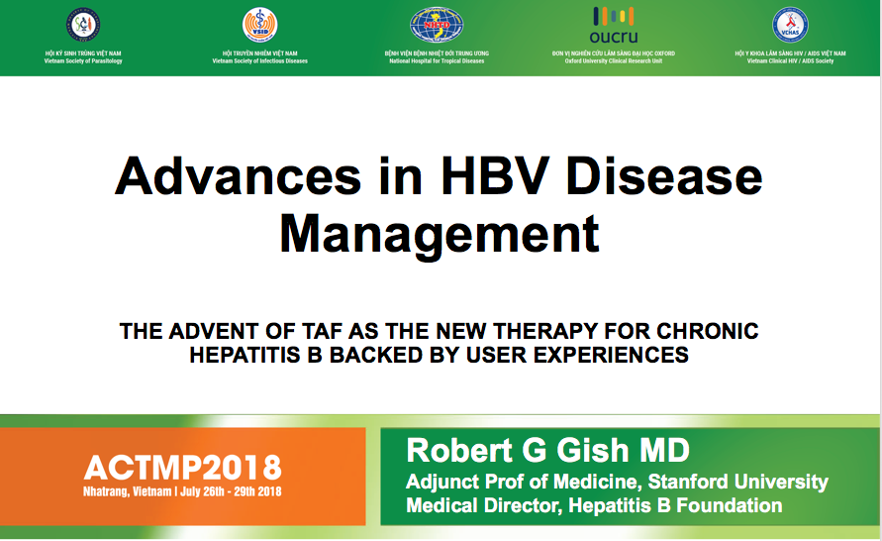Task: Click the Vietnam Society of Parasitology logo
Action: [x=83, y=25]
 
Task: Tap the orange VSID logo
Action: [x=260, y=25]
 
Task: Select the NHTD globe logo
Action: [x=437, y=25]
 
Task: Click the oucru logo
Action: [x=614, y=26]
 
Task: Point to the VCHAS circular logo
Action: [x=790, y=25]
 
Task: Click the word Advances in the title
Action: [x=238, y=176]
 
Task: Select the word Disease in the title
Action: [x=664, y=176]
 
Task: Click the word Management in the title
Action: [x=440, y=235]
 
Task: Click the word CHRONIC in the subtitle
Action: [x=708, y=332]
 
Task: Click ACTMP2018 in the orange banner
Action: [x=183, y=468]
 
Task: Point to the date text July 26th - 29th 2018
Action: [x=231, y=491]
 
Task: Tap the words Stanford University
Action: [x=738, y=482]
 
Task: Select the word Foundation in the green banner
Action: [x=729, y=505]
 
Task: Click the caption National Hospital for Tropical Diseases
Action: [x=437, y=61]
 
